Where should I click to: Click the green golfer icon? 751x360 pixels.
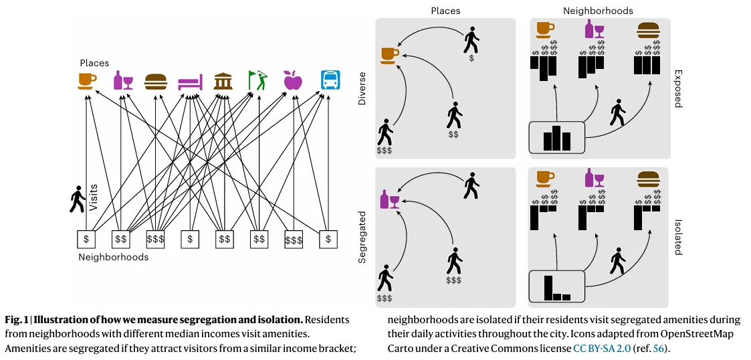(x=257, y=80)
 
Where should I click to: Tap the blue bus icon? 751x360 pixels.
(x=329, y=80)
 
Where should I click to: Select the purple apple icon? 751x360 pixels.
(x=293, y=80)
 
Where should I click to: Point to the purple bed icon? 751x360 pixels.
(x=189, y=82)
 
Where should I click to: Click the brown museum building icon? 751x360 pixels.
(x=223, y=81)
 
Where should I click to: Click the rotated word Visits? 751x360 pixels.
(x=93, y=197)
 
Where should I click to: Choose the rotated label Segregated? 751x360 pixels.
(x=362, y=238)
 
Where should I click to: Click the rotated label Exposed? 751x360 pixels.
(x=677, y=88)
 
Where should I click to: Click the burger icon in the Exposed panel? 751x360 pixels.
(x=647, y=30)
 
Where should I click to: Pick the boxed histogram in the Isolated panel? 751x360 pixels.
(x=556, y=286)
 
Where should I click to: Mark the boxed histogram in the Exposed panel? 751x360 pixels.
(x=556, y=138)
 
